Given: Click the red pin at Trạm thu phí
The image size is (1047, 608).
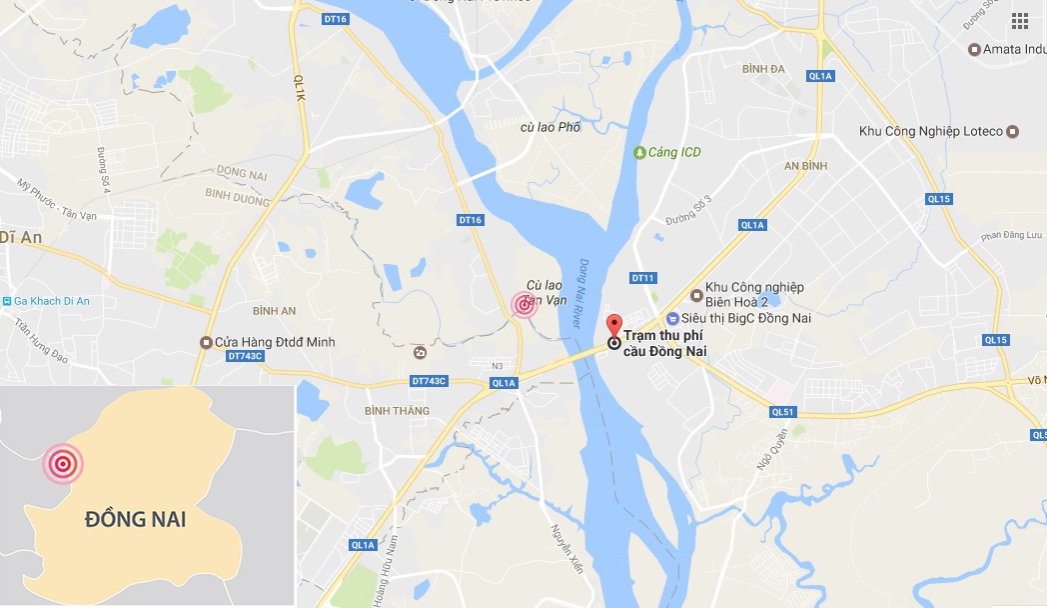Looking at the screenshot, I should tap(614, 326).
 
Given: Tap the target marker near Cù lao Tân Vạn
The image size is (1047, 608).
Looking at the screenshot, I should tap(523, 305).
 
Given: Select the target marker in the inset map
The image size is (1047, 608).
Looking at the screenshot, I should tap(63, 463).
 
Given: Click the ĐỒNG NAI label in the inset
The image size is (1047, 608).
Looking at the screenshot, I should tap(135, 520).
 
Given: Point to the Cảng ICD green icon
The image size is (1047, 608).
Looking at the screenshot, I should tap(639, 152).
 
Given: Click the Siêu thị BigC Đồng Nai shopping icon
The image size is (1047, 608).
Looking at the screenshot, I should tap(674, 318).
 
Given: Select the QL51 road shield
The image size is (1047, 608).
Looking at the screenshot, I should tap(782, 411).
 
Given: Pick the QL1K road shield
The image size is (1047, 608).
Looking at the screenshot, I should tap(298, 85).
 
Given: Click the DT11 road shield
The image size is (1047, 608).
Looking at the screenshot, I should tap(642, 277).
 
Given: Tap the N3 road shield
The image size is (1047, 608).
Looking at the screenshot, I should tap(498, 365).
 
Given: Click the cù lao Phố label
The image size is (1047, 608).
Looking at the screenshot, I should tap(550, 127).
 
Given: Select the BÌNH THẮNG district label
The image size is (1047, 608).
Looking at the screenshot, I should tap(397, 411).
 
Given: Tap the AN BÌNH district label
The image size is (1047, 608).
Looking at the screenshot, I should tap(806, 166).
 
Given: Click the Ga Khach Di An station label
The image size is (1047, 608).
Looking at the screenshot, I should tap(51, 301).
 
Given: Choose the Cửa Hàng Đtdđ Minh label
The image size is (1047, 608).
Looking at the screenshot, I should tap(275, 342).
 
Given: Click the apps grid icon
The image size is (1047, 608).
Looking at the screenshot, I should tap(1019, 21).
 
